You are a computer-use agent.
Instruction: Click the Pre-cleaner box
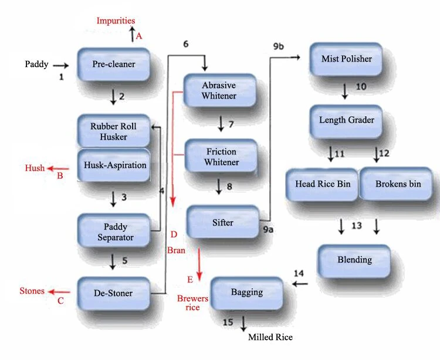click(x=114, y=65)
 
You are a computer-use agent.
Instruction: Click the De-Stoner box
click(x=114, y=292)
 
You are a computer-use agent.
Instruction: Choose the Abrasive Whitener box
click(x=219, y=90)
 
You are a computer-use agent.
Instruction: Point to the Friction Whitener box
click(x=221, y=156)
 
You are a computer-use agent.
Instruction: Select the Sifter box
click(x=223, y=223)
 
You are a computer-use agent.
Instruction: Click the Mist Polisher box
click(x=347, y=59)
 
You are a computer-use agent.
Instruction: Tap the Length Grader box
click(x=347, y=120)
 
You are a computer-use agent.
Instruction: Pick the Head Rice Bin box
click(x=323, y=184)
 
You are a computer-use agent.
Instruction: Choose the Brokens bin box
click(x=398, y=184)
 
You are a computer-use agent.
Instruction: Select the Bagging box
click(x=247, y=292)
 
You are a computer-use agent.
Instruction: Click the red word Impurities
click(x=116, y=21)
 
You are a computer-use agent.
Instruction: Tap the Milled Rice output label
click(x=270, y=337)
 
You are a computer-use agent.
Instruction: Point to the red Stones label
click(x=32, y=291)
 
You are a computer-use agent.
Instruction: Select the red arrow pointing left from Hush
click(x=59, y=169)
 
